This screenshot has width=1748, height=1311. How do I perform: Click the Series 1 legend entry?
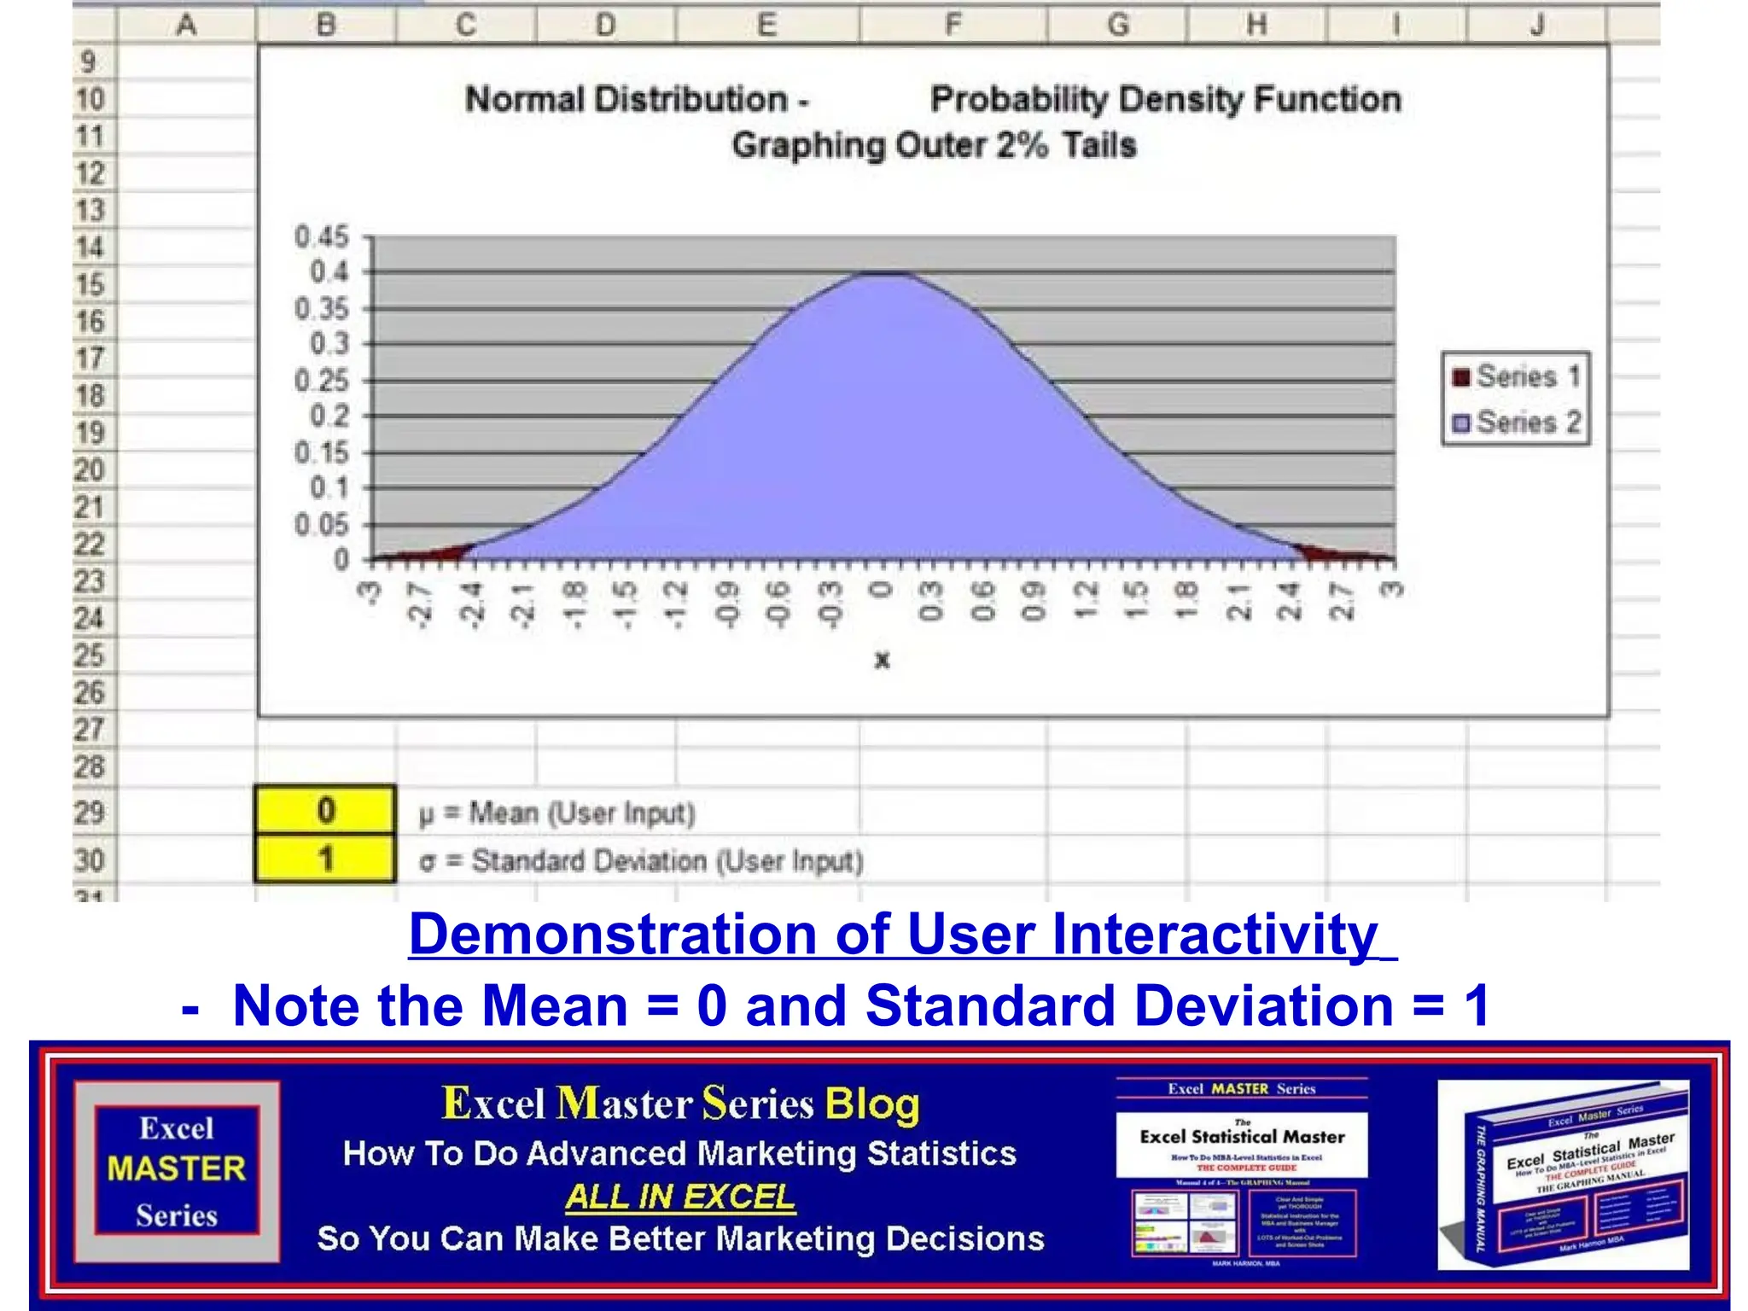[1517, 376]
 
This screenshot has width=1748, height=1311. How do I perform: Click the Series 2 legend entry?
[1517, 422]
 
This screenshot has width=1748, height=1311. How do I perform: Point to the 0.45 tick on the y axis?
[322, 236]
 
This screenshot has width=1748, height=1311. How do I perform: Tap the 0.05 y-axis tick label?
[322, 524]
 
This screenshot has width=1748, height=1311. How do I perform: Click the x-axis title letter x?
[883, 660]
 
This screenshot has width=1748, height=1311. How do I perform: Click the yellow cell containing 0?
[325, 810]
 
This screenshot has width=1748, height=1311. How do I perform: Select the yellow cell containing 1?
[325, 859]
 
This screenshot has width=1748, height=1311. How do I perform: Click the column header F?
[953, 25]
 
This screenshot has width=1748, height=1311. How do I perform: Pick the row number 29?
[90, 812]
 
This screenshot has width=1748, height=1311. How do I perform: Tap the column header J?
[1536, 25]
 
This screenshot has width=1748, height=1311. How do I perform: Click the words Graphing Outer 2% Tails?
[934, 145]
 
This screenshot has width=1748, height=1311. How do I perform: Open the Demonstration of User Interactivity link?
[901, 934]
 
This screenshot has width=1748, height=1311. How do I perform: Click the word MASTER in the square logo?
[177, 1168]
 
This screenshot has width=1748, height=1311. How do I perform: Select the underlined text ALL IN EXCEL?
[680, 1197]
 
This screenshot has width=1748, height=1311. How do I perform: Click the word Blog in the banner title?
[872, 1104]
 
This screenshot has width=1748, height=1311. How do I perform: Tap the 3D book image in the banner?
[1564, 1175]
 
